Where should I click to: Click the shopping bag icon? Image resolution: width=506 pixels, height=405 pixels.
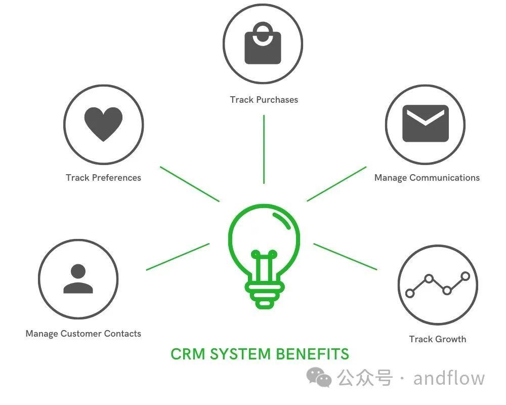tap(263, 46)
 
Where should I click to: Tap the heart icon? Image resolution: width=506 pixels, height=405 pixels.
tap(103, 124)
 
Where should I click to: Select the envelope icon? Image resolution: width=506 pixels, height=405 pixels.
tap(426, 124)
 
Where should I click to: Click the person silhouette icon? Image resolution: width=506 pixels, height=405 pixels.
tap(78, 279)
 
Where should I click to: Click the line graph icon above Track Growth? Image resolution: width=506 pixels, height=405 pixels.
tap(438, 285)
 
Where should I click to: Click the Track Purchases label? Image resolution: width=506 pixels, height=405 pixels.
tap(264, 100)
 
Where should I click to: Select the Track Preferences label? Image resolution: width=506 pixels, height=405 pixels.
tap(103, 178)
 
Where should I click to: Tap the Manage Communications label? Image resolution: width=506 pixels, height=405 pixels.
tap(427, 178)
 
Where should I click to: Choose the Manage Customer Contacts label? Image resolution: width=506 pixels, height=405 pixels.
tap(83, 334)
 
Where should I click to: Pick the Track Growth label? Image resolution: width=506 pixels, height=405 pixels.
tap(437, 339)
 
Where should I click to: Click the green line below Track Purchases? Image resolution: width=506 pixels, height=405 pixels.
tap(264, 149)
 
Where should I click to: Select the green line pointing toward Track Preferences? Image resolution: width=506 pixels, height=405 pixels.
tap(190, 184)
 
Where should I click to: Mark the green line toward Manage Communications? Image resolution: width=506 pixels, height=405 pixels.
tap(336, 184)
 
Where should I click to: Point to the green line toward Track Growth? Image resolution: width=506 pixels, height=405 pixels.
tap(345, 257)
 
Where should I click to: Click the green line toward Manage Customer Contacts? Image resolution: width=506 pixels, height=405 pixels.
tap(178, 257)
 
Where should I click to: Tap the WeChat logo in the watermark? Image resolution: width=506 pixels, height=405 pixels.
tap(320, 377)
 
